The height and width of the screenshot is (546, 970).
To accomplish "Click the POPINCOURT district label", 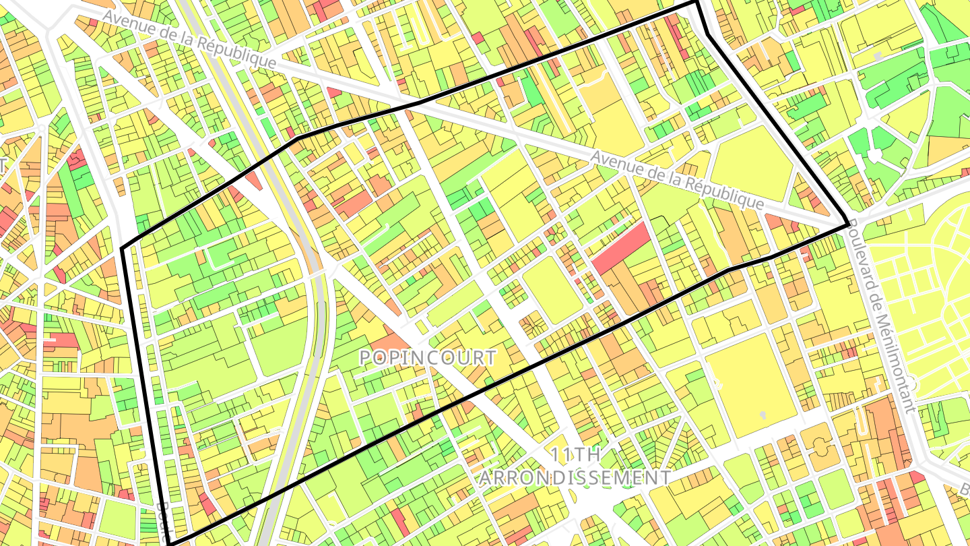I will [428, 357].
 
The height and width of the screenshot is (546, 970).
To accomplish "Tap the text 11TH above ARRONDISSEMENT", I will [575, 454].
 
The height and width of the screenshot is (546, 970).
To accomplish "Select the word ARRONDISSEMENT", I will [575, 477].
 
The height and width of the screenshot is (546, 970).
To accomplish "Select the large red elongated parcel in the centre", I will [622, 247].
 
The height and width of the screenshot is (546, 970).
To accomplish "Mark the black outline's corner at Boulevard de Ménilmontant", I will [847, 224].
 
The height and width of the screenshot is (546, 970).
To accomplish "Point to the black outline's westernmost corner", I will [123, 249].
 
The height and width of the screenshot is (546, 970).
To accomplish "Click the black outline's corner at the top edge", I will [697, 4].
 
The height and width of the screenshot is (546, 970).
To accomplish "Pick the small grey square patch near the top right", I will [876, 53].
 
